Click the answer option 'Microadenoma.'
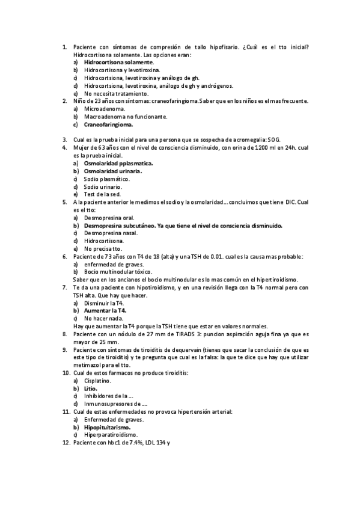point(105,109)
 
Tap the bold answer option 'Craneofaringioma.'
point(109,124)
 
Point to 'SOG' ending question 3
point(274,140)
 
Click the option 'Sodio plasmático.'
point(106,179)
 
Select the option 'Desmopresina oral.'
point(109,218)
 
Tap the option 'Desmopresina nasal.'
point(111,233)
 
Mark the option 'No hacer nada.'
point(104,318)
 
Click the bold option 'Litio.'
point(91,389)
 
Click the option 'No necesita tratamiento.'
point(116,93)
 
